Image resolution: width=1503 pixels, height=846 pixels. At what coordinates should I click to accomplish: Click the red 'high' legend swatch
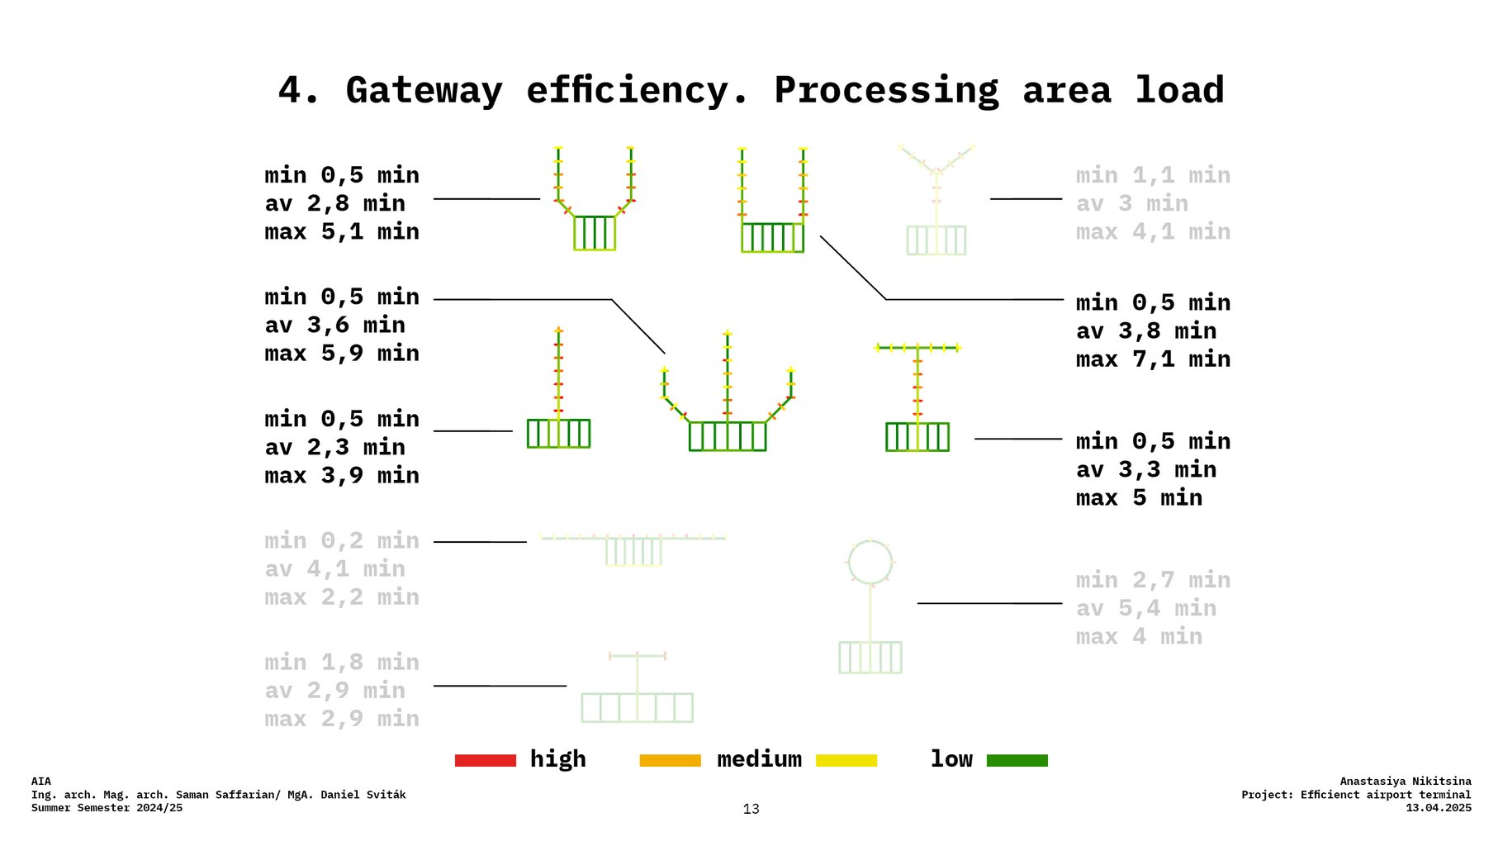click(486, 760)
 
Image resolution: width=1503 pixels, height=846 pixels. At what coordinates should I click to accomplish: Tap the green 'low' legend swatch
click(1017, 760)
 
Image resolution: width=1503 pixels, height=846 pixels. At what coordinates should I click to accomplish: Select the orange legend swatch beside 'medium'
click(670, 760)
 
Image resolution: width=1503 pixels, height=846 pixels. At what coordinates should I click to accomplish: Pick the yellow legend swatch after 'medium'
click(846, 760)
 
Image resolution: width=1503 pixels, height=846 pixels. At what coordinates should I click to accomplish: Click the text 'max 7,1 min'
click(1153, 359)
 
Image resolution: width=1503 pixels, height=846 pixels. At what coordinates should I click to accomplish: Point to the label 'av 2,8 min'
click(334, 203)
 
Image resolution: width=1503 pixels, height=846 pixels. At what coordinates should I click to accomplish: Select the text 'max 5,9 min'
click(341, 354)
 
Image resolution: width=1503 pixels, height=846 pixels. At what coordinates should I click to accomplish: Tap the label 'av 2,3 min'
click(334, 447)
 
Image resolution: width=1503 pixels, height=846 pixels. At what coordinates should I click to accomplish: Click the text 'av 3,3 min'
click(1145, 470)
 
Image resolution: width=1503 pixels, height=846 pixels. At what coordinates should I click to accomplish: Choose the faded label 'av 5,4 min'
click(1145, 609)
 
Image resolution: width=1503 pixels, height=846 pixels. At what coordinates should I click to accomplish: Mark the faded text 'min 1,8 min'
click(341, 663)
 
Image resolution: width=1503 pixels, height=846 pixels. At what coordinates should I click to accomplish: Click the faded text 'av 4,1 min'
click(334, 569)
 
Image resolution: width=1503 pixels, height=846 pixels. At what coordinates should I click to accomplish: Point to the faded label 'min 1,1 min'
click(1153, 175)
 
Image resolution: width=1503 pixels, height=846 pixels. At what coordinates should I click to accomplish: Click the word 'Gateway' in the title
click(424, 90)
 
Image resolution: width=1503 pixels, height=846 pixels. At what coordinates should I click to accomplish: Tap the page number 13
click(751, 809)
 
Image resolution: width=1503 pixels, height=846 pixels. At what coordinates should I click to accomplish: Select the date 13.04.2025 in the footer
click(1438, 808)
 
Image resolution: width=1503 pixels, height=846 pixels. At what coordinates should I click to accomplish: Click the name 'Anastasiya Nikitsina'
click(1405, 781)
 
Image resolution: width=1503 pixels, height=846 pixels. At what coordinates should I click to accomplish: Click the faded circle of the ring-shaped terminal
click(870, 562)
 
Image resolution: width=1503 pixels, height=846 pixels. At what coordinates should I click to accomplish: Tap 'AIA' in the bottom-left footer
click(41, 781)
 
